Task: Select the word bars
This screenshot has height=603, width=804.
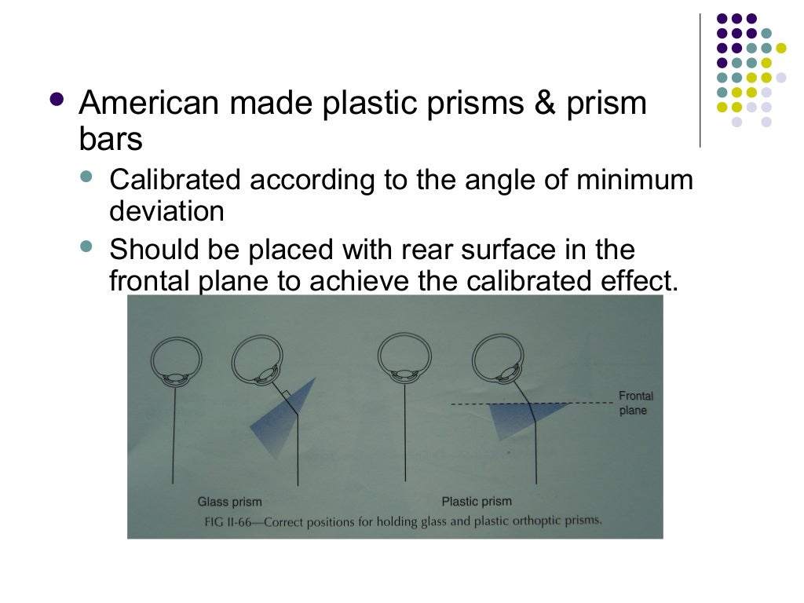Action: click(110, 140)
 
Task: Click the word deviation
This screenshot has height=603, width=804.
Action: click(166, 210)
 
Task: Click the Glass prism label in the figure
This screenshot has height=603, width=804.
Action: click(229, 501)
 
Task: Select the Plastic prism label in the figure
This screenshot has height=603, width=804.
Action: click(476, 501)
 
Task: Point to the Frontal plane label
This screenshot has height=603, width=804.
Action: click(635, 403)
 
